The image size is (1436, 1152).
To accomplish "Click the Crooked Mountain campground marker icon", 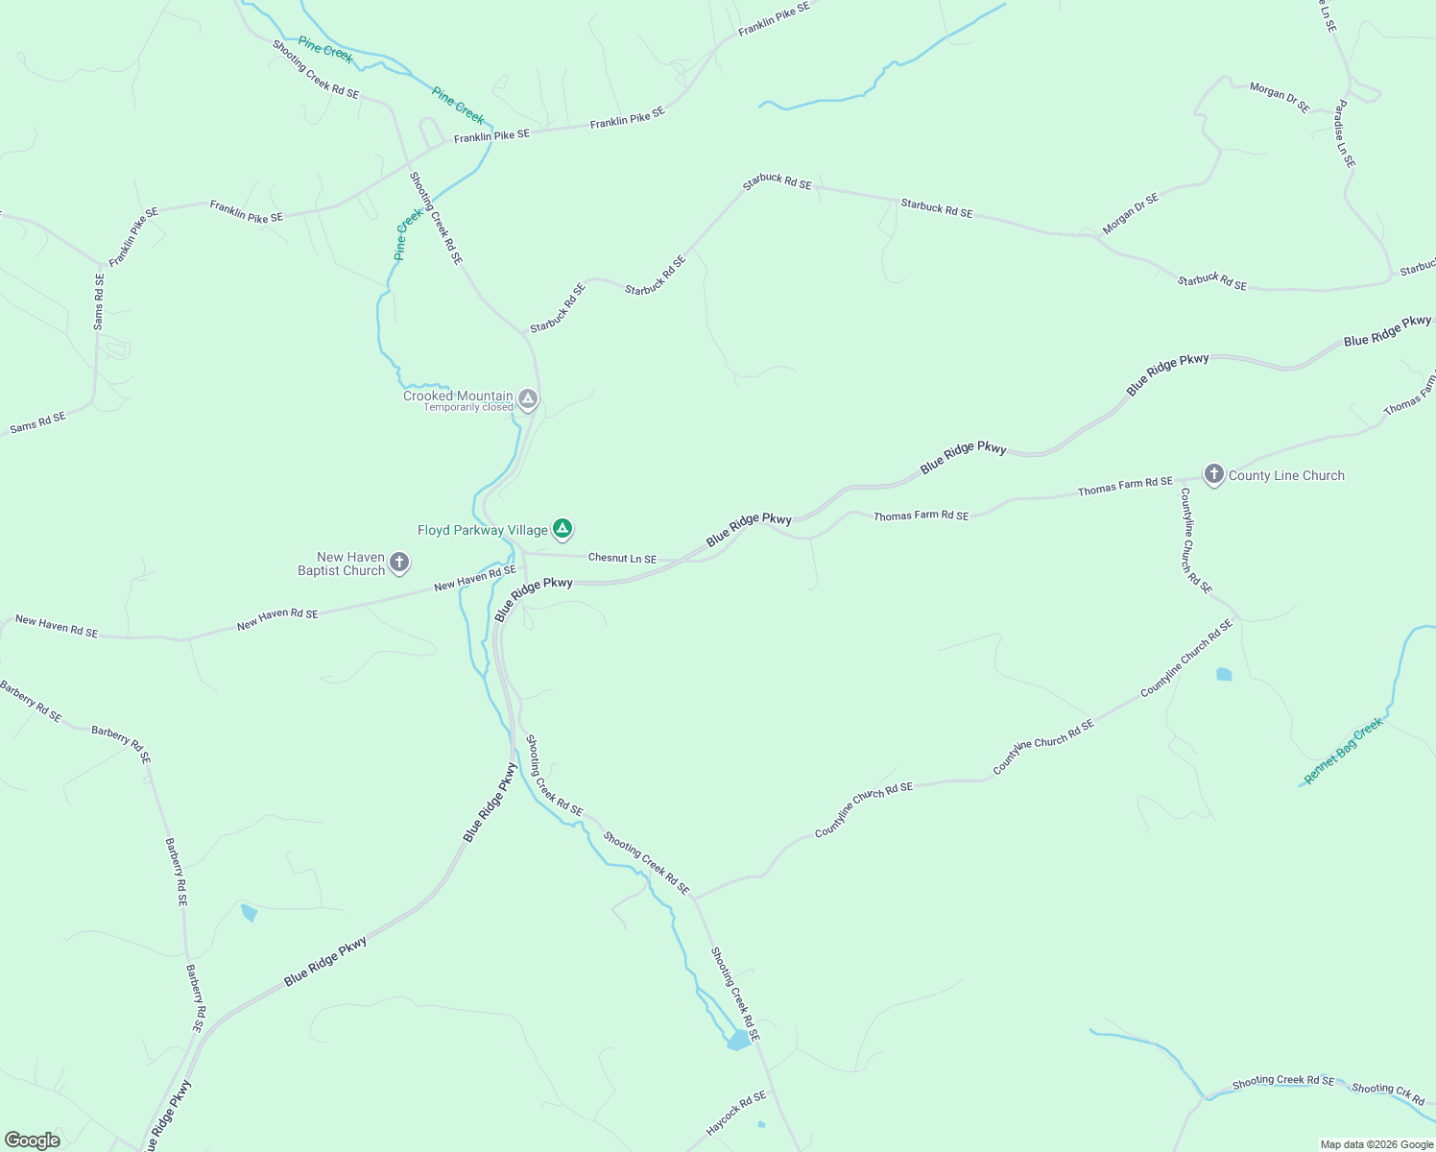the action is click(x=527, y=398).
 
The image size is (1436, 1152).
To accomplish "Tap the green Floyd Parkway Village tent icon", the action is click(x=562, y=528).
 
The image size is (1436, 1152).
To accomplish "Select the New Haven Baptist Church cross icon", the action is click(x=399, y=563).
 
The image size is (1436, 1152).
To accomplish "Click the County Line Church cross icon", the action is click(x=1214, y=474).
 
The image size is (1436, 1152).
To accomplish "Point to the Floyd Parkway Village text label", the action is click(x=482, y=530).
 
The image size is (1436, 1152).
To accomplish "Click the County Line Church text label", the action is click(x=1286, y=475).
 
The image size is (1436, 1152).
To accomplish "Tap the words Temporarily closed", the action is click(x=468, y=408).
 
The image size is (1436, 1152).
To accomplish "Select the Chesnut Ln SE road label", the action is click(x=622, y=558).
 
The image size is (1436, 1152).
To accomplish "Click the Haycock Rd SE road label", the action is click(x=736, y=1114).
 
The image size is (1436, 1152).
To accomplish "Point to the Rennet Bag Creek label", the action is click(x=1344, y=750).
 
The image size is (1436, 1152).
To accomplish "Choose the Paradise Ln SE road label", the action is click(x=1345, y=133).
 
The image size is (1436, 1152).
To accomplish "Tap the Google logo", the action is click(x=33, y=1140).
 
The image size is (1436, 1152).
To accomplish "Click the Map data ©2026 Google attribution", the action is click(x=1376, y=1144).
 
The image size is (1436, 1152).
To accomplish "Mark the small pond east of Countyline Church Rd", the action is click(x=1224, y=674).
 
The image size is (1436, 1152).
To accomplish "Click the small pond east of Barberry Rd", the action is click(x=249, y=912).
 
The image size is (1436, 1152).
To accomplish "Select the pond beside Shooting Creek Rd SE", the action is click(x=738, y=1041).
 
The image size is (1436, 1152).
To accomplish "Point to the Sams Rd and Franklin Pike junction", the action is click(x=101, y=265).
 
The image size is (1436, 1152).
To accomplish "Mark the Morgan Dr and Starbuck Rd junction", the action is click(x=1094, y=236).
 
